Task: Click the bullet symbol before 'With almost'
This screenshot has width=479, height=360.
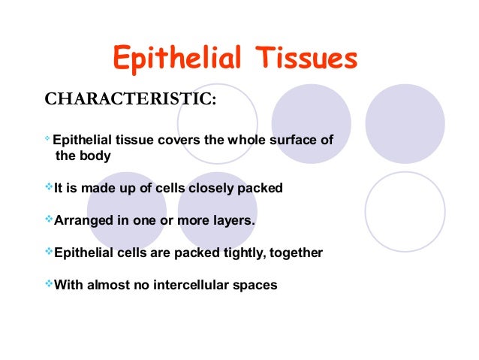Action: coord(50,284)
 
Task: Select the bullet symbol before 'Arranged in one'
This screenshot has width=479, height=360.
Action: coord(50,220)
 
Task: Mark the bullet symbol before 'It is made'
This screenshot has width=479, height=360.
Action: coord(50,187)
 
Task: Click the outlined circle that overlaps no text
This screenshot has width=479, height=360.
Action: coord(405,211)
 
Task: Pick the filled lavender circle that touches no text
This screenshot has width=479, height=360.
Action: coord(405,123)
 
